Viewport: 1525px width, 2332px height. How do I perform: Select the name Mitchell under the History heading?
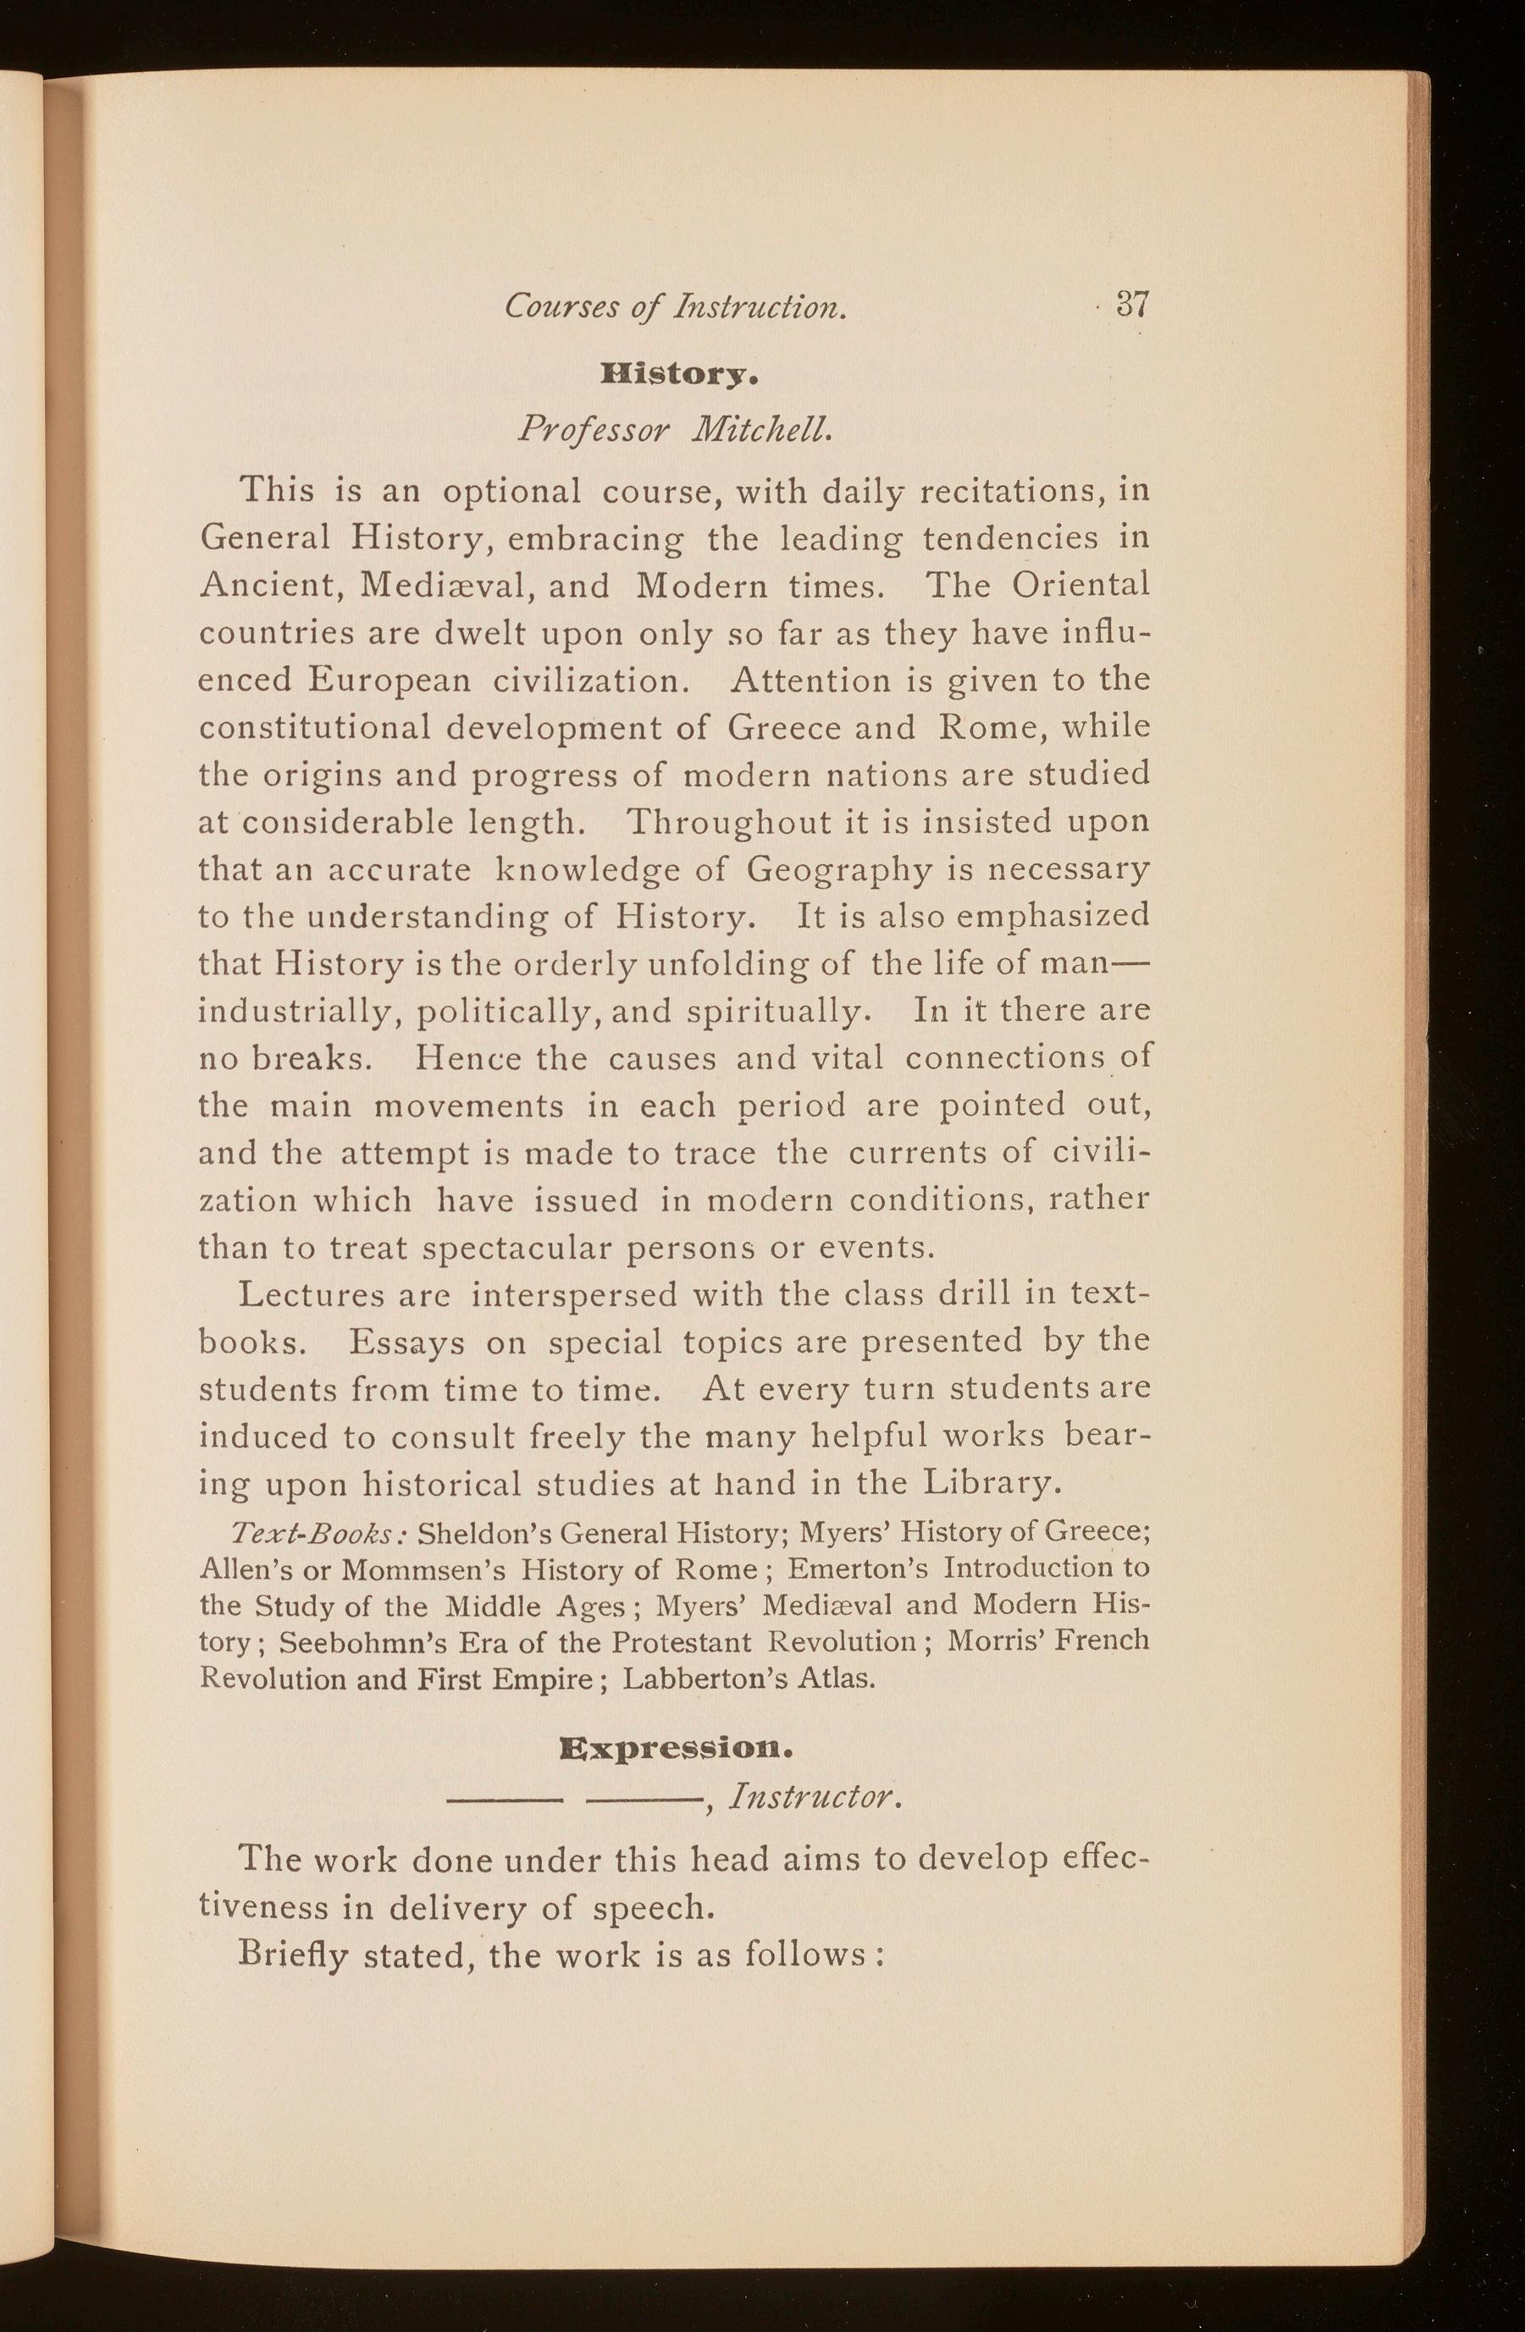pyautogui.click(x=776, y=429)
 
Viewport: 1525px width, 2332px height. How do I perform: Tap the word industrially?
pyautogui.click(x=297, y=1012)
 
